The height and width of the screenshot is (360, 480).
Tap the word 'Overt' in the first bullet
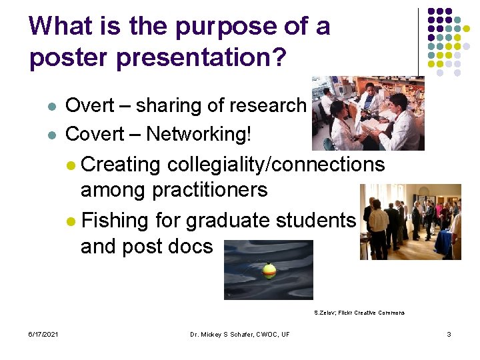pos(90,106)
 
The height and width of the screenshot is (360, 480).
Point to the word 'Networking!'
pos(199,134)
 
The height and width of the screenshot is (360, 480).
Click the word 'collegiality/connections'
pos(276,165)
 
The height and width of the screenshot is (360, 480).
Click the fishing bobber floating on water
pos(269,270)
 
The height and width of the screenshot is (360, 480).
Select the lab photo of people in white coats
pos(369,113)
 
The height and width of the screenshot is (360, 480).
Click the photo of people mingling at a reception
pos(410,222)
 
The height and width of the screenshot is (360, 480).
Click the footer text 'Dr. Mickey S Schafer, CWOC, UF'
pos(239,333)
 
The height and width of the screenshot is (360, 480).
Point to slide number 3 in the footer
pos(449,333)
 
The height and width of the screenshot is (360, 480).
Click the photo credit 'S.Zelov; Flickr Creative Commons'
pos(359,313)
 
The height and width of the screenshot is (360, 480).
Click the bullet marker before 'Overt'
pos(51,107)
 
